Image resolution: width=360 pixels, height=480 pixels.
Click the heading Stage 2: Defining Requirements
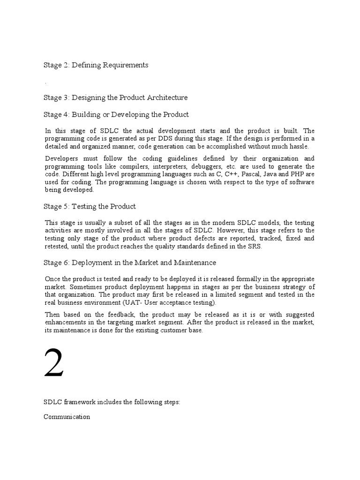96,65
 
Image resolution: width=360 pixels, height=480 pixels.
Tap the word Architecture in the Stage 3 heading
167,97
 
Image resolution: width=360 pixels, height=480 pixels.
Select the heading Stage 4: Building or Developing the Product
117,114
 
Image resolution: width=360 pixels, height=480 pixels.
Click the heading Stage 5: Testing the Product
90,206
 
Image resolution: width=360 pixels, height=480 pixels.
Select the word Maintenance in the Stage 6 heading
195,262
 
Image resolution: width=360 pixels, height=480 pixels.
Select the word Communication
67,417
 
